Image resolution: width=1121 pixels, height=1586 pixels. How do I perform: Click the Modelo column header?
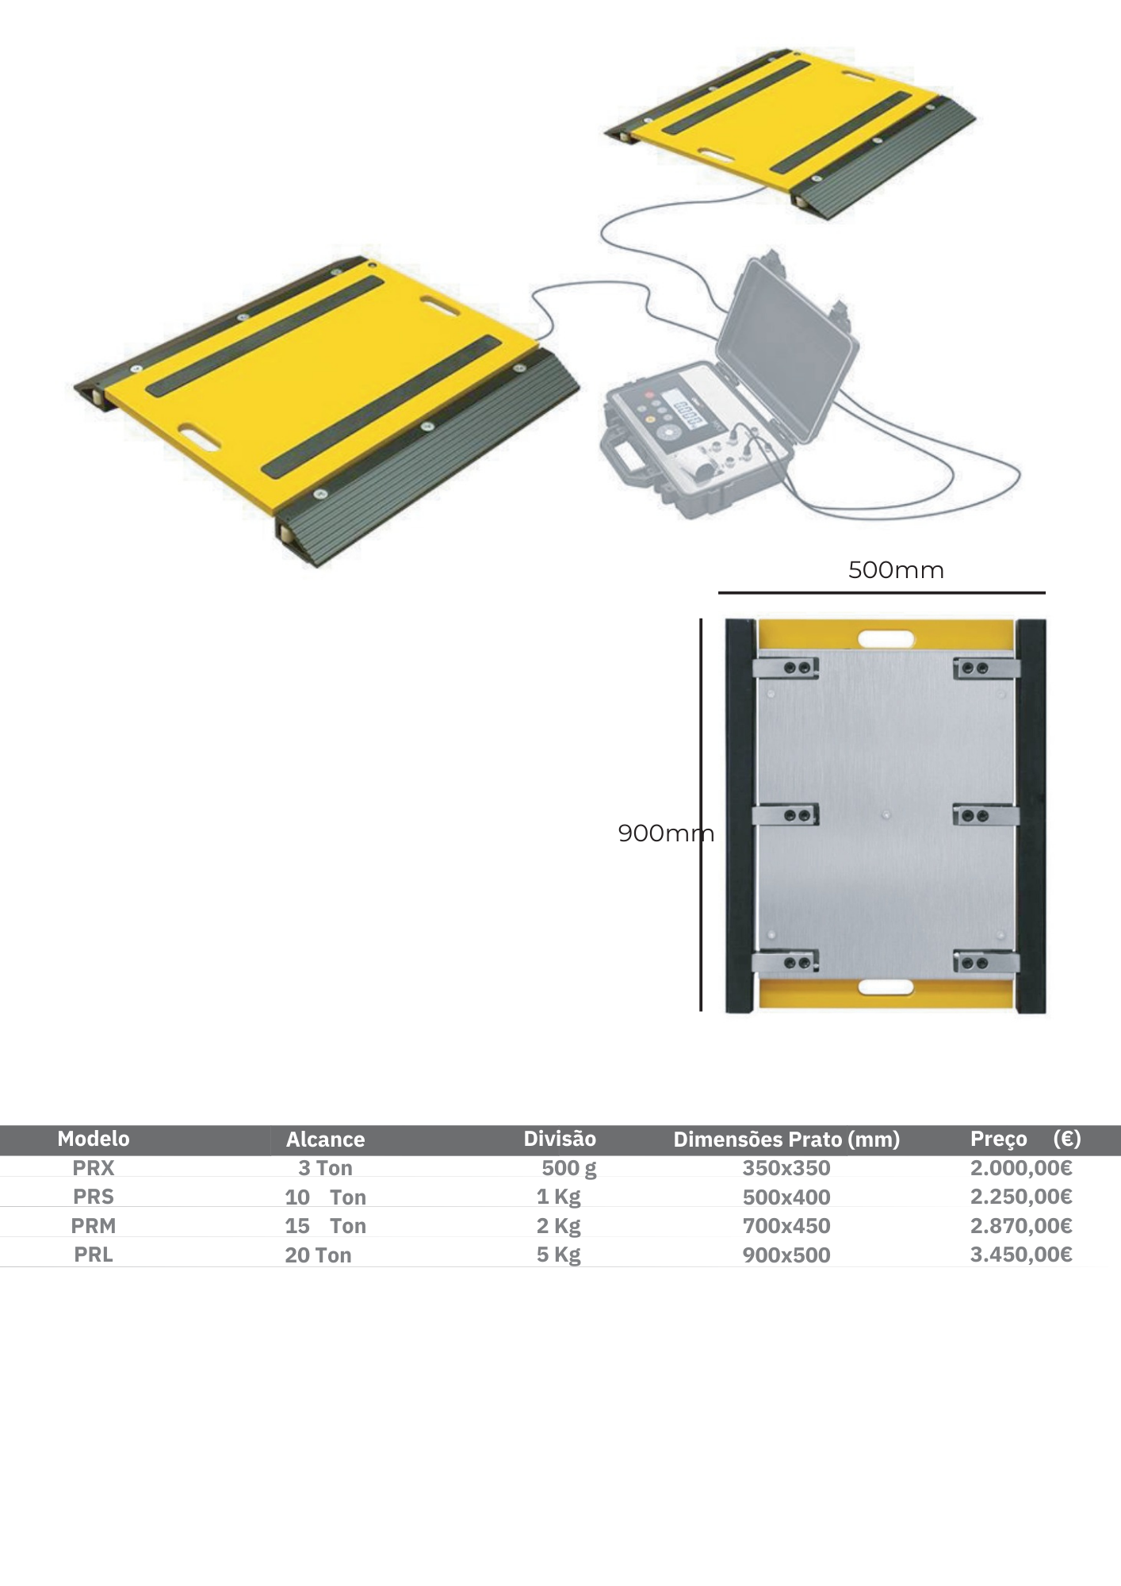click(94, 1139)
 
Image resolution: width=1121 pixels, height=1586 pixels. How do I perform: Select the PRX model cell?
click(94, 1168)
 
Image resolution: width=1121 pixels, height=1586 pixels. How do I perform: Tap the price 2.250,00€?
click(1021, 1197)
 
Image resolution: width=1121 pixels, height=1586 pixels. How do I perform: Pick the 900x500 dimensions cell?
click(786, 1255)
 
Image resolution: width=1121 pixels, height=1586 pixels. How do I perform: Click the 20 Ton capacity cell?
click(318, 1255)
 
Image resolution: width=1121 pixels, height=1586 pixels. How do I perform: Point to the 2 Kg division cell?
click(559, 1226)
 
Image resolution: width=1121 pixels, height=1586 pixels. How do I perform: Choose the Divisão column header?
click(560, 1139)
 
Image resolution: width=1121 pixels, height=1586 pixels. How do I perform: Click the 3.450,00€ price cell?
click(1021, 1255)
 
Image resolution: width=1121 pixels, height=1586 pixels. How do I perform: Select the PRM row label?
click(94, 1226)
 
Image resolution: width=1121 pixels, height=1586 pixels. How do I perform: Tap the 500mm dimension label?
click(896, 570)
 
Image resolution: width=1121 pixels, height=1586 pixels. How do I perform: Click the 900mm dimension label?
click(666, 833)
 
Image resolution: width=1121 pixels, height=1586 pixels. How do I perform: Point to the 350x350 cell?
click(786, 1168)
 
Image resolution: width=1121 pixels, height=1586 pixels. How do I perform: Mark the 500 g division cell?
click(569, 1169)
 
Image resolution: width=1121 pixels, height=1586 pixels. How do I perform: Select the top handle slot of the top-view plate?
click(886, 638)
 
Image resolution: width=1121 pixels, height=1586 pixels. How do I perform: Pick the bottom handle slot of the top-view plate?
click(886, 987)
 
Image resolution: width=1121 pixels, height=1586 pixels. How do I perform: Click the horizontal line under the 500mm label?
click(882, 592)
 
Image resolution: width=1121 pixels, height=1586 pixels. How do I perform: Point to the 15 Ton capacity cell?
click(325, 1226)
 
